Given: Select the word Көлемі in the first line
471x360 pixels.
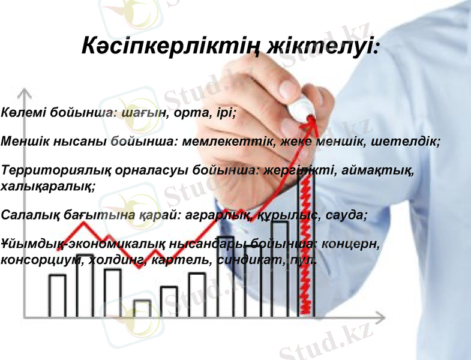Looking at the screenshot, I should pos(22,113).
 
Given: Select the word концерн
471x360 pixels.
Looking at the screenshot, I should pos(351,245).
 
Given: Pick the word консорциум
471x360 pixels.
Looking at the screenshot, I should pos(44,260).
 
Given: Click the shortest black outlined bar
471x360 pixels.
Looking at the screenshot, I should pos(142,308).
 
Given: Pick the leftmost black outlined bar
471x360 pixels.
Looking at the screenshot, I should pos(58,295).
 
